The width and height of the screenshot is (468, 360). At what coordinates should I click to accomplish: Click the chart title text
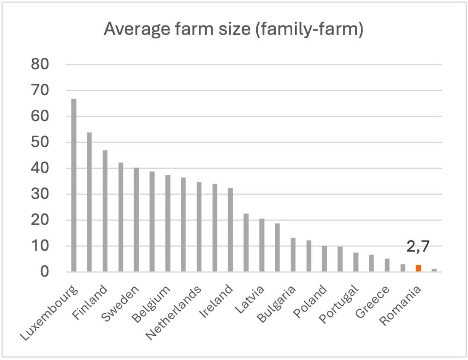(x=234, y=29)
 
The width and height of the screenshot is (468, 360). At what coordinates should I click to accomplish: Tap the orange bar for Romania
(x=418, y=268)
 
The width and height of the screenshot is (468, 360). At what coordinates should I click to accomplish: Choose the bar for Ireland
(x=230, y=230)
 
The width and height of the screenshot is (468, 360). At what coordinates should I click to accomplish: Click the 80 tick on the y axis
(x=40, y=65)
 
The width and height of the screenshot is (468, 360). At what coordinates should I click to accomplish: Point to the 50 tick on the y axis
(x=40, y=142)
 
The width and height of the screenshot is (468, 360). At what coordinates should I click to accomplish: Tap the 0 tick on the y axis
(x=45, y=272)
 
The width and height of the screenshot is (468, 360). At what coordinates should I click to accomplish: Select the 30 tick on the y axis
(x=40, y=194)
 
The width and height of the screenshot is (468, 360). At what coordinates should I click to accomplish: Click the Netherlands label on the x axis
(x=174, y=312)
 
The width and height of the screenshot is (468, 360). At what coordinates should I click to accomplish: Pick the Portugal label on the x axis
(x=339, y=305)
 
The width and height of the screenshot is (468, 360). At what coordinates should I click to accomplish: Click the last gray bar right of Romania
(x=434, y=270)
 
